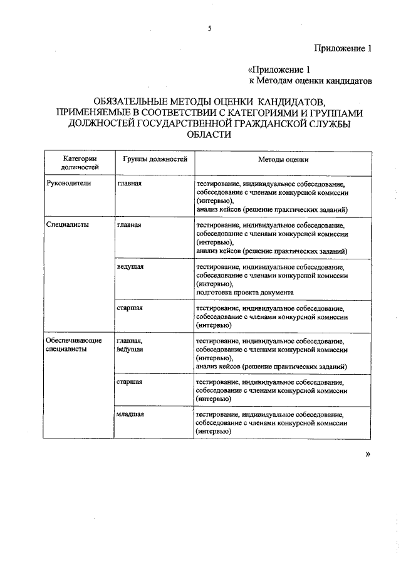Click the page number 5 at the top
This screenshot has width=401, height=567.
210,28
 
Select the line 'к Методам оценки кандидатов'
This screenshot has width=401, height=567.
311,80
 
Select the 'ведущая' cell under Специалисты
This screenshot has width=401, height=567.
130,266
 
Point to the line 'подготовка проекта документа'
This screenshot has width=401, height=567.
244,293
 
